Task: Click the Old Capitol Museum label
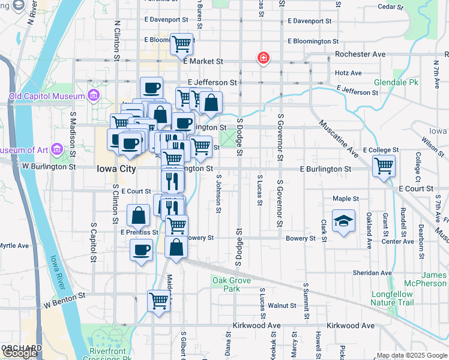pyautogui.click(x=46, y=96)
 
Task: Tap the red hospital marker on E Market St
pyautogui.click(x=263, y=58)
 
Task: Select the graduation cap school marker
pyautogui.click(x=344, y=221)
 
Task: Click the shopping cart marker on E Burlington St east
pyautogui.click(x=384, y=166)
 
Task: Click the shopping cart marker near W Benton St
pyautogui.click(x=159, y=299)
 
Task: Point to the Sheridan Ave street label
pyautogui.click(x=372, y=272)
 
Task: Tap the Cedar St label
pyautogui.click(x=390, y=7)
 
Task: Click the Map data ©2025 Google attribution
pyautogui.click(x=412, y=355)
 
